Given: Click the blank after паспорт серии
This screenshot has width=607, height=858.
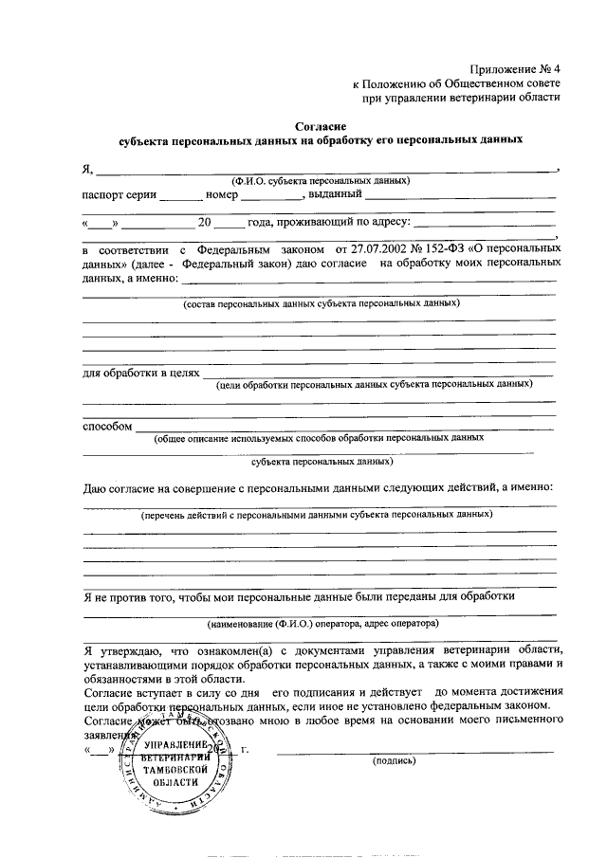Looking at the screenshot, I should point(180,197).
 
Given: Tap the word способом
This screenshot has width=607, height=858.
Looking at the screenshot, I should point(106,426).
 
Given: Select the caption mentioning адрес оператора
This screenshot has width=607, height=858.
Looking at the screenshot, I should point(322,625).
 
